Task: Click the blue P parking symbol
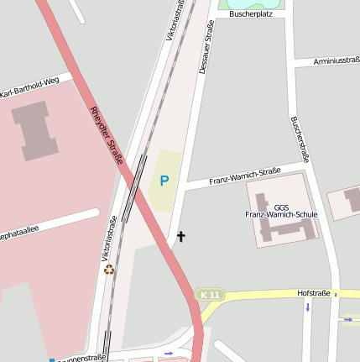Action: point(164,180)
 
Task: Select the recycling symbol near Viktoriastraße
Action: point(108,270)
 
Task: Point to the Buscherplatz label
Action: point(253,14)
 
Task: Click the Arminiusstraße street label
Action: point(336,61)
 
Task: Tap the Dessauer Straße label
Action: point(205,48)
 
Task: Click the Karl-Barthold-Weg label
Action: point(35,87)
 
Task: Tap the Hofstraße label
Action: point(314,293)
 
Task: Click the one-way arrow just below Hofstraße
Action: point(307,307)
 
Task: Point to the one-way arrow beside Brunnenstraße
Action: point(169,354)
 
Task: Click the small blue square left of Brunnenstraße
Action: point(52,359)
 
